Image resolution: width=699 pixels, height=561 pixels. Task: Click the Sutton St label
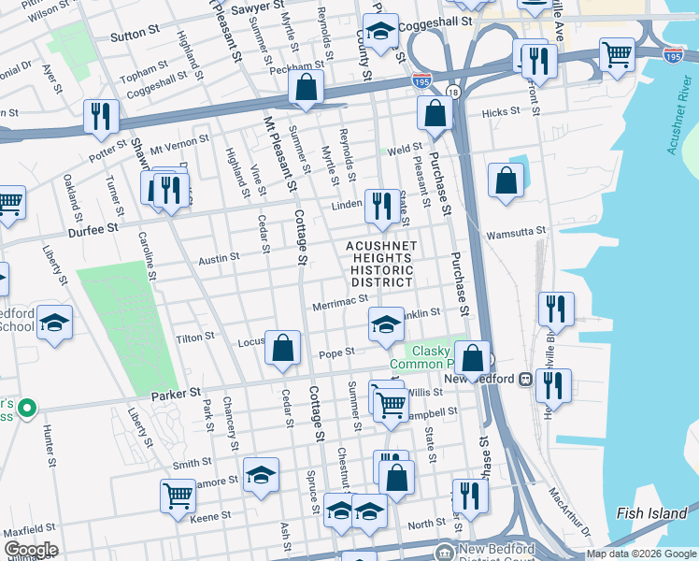[135, 34]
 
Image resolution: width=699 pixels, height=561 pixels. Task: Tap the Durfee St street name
[93, 227]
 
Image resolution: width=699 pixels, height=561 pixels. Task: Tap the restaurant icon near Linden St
[379, 206]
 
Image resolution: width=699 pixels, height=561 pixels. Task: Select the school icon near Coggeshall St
[380, 31]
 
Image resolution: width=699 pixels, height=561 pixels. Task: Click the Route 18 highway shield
[452, 92]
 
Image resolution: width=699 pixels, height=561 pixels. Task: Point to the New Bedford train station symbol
[526, 379]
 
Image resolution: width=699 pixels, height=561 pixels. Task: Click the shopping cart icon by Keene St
[177, 496]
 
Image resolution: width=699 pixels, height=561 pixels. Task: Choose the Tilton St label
[196, 336]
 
